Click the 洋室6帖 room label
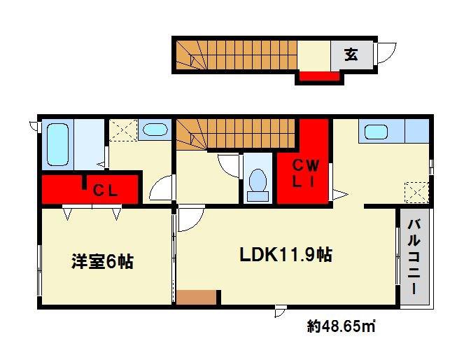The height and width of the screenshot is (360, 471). [102, 261]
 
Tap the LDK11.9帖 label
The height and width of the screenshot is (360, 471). [286, 255]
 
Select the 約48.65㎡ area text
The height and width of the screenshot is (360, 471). [342, 326]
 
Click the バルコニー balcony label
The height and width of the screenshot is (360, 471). [414, 257]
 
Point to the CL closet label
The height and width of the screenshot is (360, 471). [105, 191]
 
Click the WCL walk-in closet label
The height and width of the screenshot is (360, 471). [305, 174]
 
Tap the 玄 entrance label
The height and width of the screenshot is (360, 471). [351, 55]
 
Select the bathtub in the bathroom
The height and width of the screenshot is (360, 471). [57, 144]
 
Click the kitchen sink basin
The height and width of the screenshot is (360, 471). [376, 132]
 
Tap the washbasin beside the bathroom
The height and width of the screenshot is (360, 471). [155, 129]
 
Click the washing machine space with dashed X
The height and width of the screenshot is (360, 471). [123, 130]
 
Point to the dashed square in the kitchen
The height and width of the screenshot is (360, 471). [416, 193]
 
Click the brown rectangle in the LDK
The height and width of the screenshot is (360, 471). [196, 297]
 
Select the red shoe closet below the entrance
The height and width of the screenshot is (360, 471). [319, 76]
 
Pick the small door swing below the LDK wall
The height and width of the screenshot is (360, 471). [281, 311]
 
